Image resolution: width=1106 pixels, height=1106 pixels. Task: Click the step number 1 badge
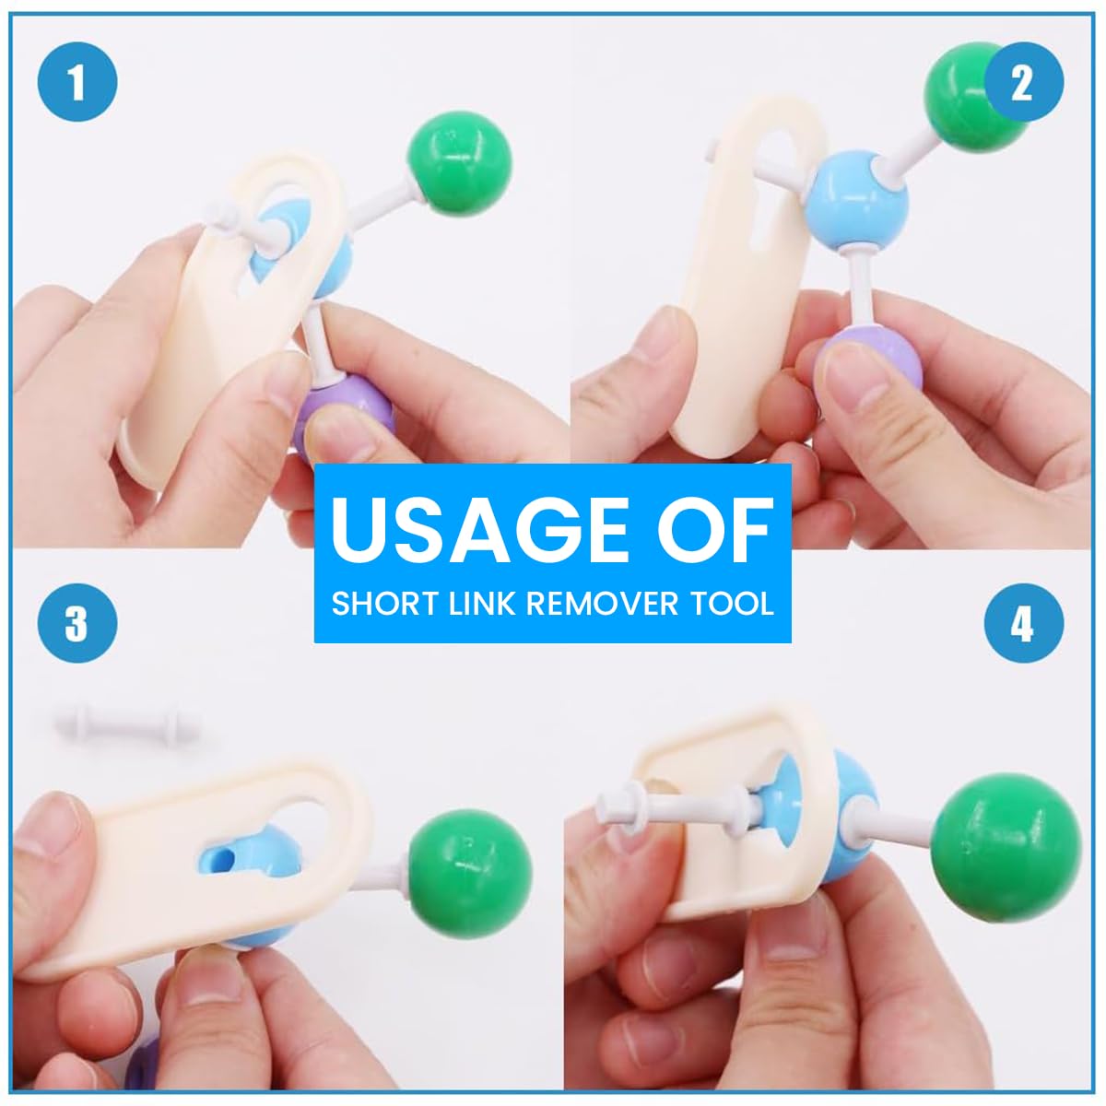77,83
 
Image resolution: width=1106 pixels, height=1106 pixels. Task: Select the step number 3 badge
77,624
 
